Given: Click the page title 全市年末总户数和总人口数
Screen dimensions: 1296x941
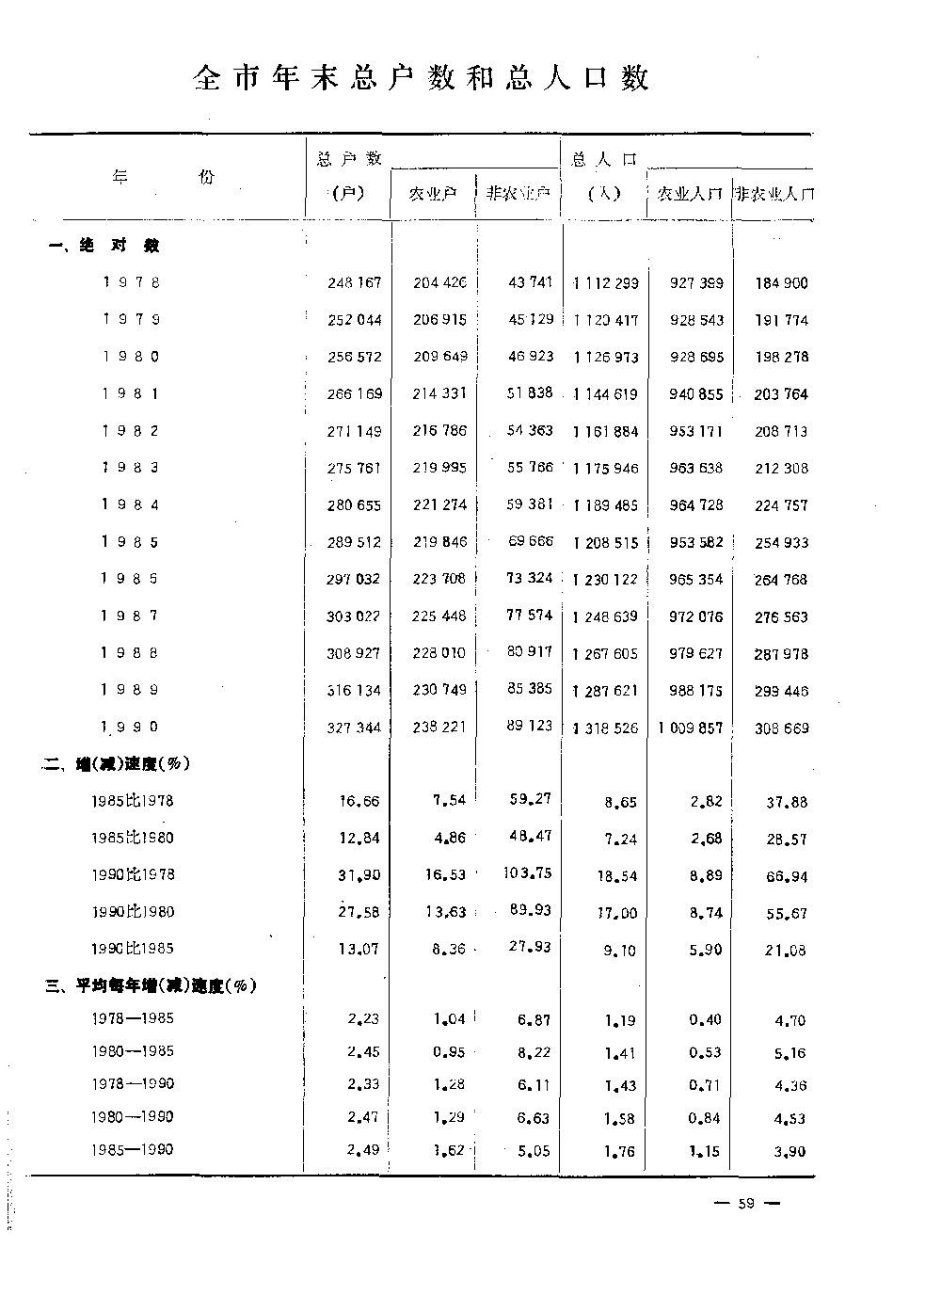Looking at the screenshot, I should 421,78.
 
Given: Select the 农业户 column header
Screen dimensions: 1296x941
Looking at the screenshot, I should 433,194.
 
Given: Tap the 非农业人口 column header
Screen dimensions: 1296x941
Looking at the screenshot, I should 774,194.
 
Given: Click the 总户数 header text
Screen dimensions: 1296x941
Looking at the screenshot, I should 349,158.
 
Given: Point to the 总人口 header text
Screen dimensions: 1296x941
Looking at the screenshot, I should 604,159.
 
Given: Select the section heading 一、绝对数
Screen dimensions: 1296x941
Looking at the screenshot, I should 104,246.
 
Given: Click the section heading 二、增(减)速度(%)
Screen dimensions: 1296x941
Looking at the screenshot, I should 118,763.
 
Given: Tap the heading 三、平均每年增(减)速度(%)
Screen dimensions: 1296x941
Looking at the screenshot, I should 152,986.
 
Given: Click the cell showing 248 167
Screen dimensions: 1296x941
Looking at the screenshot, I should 355,282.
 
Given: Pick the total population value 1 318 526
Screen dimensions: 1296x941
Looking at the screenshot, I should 604,728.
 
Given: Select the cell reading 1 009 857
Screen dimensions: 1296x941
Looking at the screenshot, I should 691,728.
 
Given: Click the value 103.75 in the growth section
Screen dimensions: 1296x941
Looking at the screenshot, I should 527,873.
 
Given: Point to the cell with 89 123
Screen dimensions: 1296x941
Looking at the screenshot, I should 529,727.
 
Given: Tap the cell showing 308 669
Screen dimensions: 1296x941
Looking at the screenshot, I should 781,728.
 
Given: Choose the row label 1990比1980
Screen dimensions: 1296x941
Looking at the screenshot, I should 133,911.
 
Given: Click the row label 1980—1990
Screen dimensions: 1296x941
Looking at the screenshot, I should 133,1116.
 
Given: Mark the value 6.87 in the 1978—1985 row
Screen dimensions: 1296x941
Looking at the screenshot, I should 534,1019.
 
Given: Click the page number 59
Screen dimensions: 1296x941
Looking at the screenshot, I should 747,1203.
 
